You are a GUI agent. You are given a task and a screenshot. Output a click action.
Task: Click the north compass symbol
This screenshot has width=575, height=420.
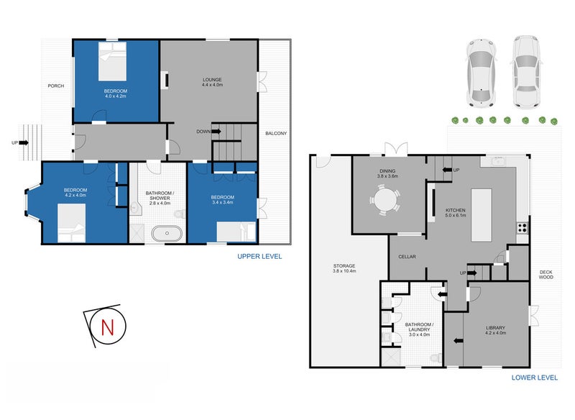click(x=108, y=325)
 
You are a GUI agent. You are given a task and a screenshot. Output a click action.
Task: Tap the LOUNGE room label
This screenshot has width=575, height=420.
click(x=212, y=79)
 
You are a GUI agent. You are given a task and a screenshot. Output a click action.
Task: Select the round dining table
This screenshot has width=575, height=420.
click(x=388, y=201)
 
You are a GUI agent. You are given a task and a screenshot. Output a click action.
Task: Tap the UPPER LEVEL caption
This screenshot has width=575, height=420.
click(x=259, y=256)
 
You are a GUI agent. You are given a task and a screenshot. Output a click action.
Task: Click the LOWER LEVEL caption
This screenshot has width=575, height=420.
click(x=535, y=377)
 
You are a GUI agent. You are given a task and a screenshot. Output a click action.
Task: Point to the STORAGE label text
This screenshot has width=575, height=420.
click(x=344, y=266)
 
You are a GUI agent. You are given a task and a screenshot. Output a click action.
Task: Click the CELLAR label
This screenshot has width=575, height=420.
click(x=408, y=257)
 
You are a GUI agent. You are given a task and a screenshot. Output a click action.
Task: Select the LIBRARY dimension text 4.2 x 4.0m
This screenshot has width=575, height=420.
click(x=496, y=333)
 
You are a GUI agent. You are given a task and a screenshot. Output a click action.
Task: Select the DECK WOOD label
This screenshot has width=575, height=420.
click(x=546, y=274)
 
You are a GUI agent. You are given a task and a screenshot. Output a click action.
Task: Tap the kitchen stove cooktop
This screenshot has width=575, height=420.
click(x=523, y=228)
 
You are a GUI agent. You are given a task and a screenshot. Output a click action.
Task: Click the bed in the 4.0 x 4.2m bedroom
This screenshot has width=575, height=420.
click(x=112, y=63)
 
